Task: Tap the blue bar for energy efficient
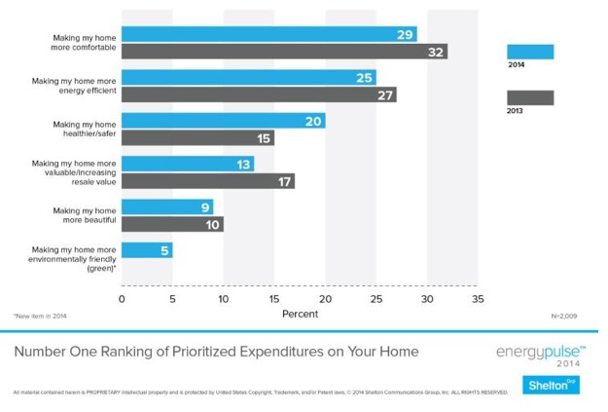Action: pyautogui.click(x=248, y=78)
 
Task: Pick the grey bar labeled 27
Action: pyautogui.click(x=259, y=94)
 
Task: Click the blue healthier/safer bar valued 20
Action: pyautogui.click(x=223, y=121)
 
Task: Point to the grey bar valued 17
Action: pyautogui.click(x=207, y=180)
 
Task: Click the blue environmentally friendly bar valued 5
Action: pyautogui.click(x=146, y=250)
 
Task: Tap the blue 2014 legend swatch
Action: pyautogui.click(x=530, y=52)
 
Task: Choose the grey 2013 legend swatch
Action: pyautogui.click(x=530, y=97)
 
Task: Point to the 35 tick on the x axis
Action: pyautogui.click(x=477, y=299)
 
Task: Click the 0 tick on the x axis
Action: pyautogui.click(x=122, y=299)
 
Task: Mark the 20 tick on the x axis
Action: pyautogui.click(x=325, y=299)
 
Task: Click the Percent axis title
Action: pyautogui.click(x=299, y=314)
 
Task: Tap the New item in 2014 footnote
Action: pyautogui.click(x=40, y=317)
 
